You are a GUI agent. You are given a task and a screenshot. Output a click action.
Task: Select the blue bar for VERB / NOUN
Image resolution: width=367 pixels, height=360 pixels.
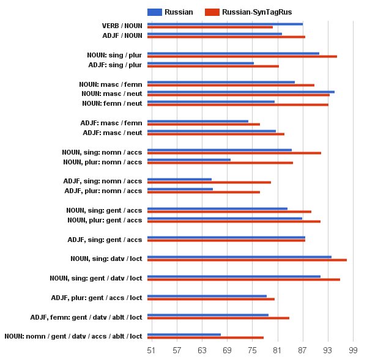coord(224,24)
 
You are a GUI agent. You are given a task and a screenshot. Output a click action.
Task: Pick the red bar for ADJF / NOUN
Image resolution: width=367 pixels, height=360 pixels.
coord(226,37)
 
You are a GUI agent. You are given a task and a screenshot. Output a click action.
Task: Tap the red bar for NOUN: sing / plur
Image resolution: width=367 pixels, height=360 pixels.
coord(242,56)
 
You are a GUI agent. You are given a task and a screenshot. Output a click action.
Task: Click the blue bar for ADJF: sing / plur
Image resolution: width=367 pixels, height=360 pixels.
coord(200,63)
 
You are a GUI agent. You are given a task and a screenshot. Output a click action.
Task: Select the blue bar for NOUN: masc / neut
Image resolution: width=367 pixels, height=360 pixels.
coord(240,92)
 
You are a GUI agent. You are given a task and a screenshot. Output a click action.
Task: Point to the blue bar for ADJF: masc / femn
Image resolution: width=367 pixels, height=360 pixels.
coord(198,121)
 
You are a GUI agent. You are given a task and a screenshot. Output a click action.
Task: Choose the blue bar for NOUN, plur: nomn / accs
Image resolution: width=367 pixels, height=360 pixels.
coord(188,160)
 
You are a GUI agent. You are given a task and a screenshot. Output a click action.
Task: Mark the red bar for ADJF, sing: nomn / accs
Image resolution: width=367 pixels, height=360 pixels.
coord(209,182)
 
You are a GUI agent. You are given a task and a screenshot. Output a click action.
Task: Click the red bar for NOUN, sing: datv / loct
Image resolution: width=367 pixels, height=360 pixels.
coord(247,260)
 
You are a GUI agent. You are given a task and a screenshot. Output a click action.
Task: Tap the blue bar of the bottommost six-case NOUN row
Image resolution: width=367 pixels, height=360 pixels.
coord(183,334)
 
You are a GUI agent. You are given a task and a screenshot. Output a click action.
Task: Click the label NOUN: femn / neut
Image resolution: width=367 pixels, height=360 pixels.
coord(112,103)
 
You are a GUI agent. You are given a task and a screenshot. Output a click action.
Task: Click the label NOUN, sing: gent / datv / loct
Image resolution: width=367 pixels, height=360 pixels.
coord(96,278)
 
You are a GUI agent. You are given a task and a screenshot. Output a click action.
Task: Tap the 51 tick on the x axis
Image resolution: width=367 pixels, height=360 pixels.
coord(151,350)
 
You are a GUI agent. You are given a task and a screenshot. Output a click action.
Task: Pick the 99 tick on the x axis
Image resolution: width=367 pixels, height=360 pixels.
coord(353,350)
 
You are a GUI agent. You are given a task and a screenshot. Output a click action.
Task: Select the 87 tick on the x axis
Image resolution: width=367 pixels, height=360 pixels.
coord(302,350)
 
